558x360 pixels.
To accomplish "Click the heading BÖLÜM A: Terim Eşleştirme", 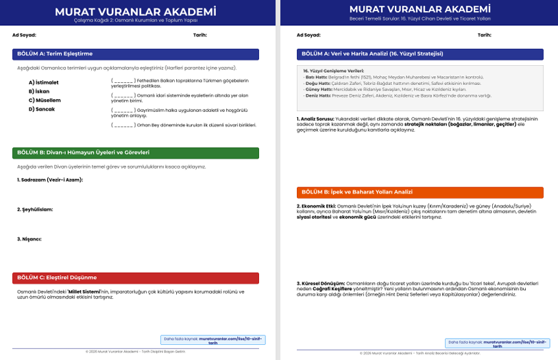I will coord(55,53).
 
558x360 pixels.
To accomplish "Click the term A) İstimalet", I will coord(43,82).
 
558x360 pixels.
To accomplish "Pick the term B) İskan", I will coord(39,91).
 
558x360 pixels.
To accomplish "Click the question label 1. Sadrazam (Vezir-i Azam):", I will coord(50,180).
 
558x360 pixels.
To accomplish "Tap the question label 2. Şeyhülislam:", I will coord(35,209).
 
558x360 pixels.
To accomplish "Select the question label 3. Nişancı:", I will coord(29,239).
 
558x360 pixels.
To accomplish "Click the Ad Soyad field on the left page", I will coord(25,34).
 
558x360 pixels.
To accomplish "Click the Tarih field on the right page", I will coord(484,34).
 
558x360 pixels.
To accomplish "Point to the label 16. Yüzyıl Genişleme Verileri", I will coord(334,71).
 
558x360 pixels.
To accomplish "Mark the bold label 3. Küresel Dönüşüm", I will coord(319,283).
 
